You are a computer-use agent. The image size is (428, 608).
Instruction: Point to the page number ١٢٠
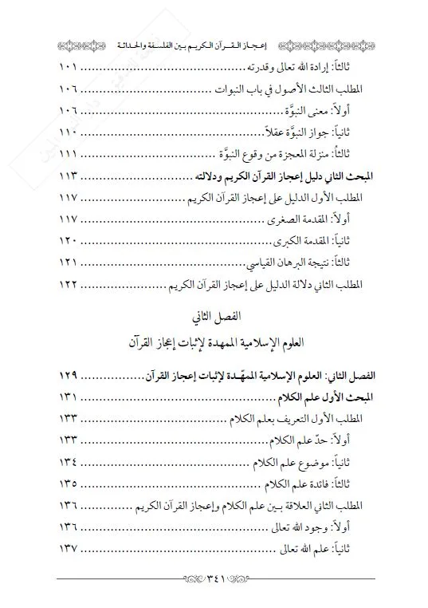tap(72, 239)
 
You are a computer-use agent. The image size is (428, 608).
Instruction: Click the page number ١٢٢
tap(72, 283)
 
